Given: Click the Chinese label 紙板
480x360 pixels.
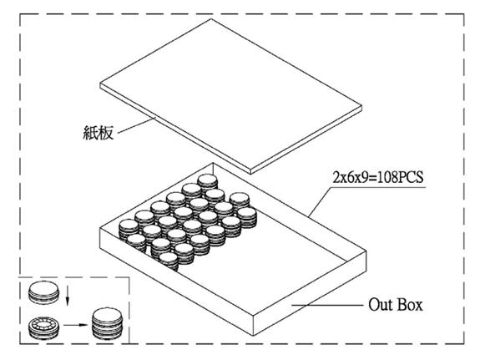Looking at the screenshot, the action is [x=99, y=133].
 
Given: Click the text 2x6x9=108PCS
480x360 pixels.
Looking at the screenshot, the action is [x=378, y=177].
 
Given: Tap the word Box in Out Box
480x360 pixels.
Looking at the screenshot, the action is [x=410, y=305].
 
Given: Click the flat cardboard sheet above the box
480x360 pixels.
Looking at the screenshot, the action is [x=231, y=95].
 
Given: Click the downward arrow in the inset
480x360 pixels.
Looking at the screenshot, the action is [x=68, y=297].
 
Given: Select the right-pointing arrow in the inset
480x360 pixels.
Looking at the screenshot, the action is [x=75, y=325].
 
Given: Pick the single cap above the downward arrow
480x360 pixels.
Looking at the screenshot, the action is [x=43, y=292].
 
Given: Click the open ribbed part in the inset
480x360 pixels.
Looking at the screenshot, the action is [x=43, y=327].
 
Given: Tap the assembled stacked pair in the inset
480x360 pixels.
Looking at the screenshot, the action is [x=108, y=323].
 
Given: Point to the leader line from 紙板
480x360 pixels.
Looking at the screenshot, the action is [x=137, y=125].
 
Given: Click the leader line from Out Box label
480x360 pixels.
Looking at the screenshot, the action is [x=327, y=305].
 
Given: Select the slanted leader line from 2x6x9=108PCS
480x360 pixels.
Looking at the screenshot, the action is [x=321, y=202].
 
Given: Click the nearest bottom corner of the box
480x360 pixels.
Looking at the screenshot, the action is [x=254, y=336].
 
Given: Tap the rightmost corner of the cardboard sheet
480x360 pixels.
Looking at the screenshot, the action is [x=362, y=106].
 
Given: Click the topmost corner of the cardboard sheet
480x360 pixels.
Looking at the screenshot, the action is [x=211, y=19].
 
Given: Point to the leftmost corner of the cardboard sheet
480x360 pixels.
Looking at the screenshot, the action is [x=100, y=84].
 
